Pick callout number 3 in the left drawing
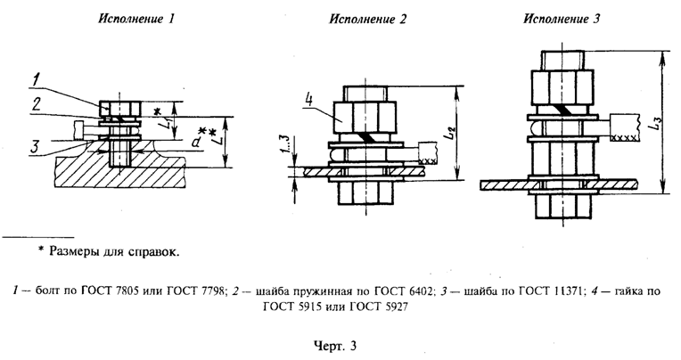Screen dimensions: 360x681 coord(33,146)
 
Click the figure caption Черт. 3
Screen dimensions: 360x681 coord(341,343)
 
